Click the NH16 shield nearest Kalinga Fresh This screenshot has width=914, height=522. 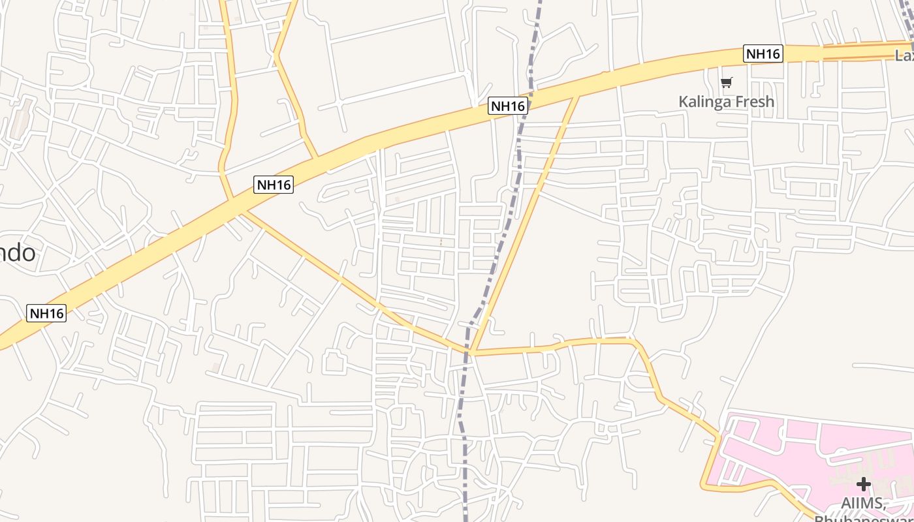(763, 54)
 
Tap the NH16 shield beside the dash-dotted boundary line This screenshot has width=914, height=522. (507, 106)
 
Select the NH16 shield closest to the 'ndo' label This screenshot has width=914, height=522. (46, 313)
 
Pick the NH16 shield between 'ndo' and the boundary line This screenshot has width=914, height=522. (274, 185)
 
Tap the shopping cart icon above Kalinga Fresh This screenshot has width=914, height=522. (726, 82)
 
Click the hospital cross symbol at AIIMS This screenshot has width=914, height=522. (863, 484)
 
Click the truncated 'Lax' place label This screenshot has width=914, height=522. (904, 56)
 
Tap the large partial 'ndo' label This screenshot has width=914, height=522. (18, 253)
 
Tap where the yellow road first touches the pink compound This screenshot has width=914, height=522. (719, 434)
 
